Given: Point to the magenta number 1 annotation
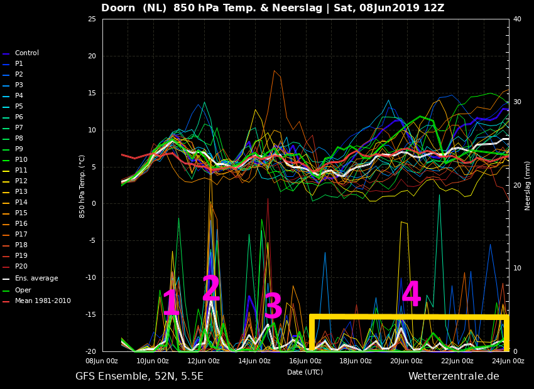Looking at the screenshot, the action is point(171,302).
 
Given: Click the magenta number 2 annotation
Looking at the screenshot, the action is point(211,288).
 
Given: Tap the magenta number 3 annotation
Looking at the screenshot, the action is point(273,306).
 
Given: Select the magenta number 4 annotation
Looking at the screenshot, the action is point(411,294).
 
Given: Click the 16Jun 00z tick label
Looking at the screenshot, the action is point(305,361).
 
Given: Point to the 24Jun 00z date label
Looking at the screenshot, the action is point(508,361).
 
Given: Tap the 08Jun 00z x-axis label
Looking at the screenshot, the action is point(102,361).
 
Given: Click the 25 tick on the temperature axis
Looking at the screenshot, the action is point(92,19).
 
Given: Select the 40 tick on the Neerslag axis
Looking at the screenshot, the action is point(517,19).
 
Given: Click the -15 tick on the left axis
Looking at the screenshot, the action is point(90,314).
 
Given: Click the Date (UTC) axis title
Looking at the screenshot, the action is point(305,372).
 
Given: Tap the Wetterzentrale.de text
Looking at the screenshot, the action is point(454,376).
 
